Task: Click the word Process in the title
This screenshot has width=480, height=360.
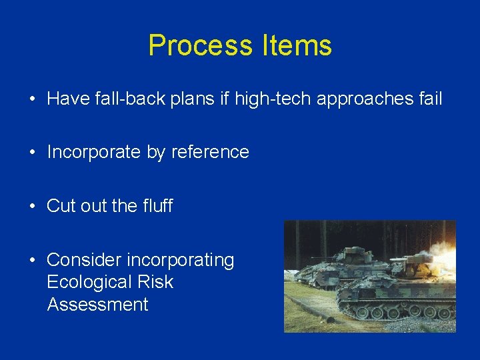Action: (199, 45)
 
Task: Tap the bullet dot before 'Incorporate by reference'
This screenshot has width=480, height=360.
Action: (32, 153)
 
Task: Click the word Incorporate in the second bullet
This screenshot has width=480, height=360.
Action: (94, 152)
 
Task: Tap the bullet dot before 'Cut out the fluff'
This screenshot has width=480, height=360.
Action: (32, 207)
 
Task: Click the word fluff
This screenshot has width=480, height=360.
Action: (157, 206)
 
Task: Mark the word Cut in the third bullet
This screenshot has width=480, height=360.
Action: (59, 206)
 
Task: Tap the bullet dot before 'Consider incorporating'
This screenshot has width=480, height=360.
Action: (32, 260)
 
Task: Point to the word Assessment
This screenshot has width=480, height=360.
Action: (97, 305)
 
